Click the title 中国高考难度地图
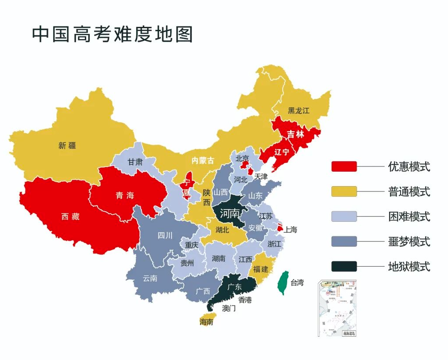[x=113, y=34]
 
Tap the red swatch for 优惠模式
[x=344, y=166]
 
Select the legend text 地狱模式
[x=409, y=266]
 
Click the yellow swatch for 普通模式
[x=344, y=191]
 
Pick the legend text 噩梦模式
[x=409, y=241]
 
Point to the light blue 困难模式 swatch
[x=344, y=217]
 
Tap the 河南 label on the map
[x=229, y=214]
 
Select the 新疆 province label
[x=67, y=145]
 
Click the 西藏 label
[x=70, y=217]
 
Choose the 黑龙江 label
[x=299, y=110]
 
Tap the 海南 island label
[x=206, y=322]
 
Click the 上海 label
[x=291, y=229]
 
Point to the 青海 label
[x=125, y=195]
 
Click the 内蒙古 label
[x=202, y=161]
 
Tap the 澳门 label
[x=229, y=308]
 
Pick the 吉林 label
[x=295, y=134]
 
